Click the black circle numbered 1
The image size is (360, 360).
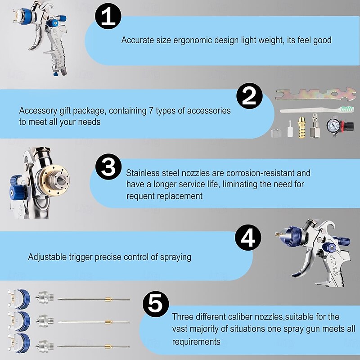[x=108, y=16]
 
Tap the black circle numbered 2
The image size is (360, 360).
[x=250, y=96]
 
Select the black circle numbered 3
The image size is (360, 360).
[x=108, y=166]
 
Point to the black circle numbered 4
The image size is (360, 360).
[x=248, y=238]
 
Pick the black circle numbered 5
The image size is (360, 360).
[x=156, y=304]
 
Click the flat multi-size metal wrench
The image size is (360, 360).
[x=315, y=94]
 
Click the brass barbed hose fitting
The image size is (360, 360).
[x=301, y=127]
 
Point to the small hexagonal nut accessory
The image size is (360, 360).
[x=276, y=133]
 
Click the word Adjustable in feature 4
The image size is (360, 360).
[x=47, y=257]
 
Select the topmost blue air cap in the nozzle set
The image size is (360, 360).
[x=19, y=299]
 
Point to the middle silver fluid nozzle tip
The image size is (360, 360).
[x=44, y=321]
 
